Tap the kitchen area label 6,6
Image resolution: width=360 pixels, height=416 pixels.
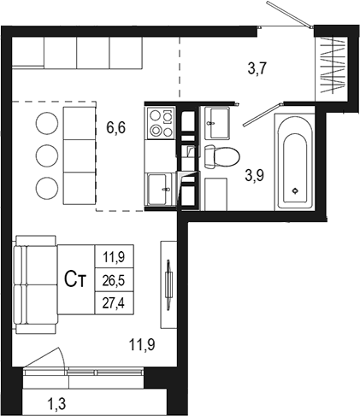(116, 128)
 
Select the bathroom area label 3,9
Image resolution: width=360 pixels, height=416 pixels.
(255, 176)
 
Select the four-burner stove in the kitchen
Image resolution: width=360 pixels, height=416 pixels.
(160, 124)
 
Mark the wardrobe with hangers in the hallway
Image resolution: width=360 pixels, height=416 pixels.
(332, 64)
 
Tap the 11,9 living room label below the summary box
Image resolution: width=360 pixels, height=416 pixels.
(141, 346)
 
